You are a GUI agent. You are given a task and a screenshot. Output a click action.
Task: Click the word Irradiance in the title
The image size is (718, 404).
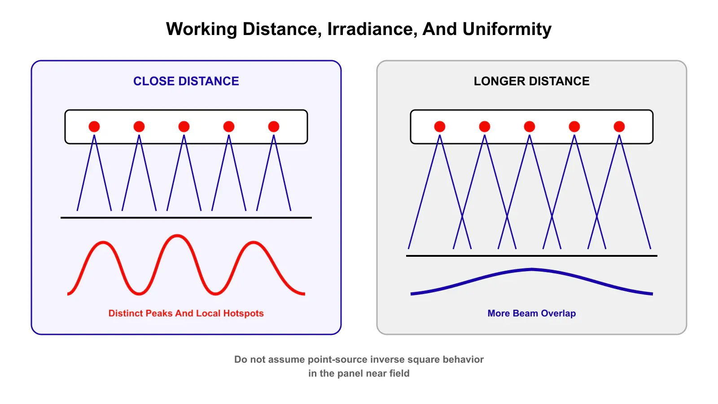tap(372, 30)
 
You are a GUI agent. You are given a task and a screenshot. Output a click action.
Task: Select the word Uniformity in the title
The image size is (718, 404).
tap(507, 30)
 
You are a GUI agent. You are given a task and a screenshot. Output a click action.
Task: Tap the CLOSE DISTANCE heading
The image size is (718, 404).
tap(186, 81)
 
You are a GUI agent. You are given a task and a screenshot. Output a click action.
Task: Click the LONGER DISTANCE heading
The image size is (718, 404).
tap(532, 81)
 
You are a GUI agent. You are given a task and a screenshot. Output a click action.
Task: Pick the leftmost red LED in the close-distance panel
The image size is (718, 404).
tap(94, 127)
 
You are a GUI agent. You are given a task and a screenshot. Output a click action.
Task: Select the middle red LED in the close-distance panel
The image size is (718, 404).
tap(184, 127)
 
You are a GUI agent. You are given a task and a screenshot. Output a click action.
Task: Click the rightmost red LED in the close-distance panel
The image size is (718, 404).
tap(274, 127)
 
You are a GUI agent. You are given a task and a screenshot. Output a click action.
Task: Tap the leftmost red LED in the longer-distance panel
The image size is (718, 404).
tap(440, 127)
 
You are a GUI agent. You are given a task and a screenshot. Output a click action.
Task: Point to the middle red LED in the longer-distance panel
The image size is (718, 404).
tap(530, 127)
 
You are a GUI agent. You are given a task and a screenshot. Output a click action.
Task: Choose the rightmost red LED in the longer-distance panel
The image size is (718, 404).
tap(619, 127)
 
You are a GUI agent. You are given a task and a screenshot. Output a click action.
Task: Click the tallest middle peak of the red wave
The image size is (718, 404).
tap(177, 236)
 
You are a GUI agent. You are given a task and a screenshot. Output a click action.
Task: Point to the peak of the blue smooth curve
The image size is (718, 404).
tap(532, 270)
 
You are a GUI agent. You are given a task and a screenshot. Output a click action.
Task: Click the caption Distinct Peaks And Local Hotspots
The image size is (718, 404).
tap(186, 313)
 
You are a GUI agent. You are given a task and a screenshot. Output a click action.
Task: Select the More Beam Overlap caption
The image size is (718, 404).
tap(532, 313)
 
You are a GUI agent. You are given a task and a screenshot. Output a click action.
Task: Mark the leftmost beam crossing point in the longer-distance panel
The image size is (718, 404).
tap(462, 218)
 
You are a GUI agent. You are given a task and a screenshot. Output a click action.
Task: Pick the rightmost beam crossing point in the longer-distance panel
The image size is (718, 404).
tap(597, 218)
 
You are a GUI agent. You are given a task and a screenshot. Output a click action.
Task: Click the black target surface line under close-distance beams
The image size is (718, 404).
tap(186, 218)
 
